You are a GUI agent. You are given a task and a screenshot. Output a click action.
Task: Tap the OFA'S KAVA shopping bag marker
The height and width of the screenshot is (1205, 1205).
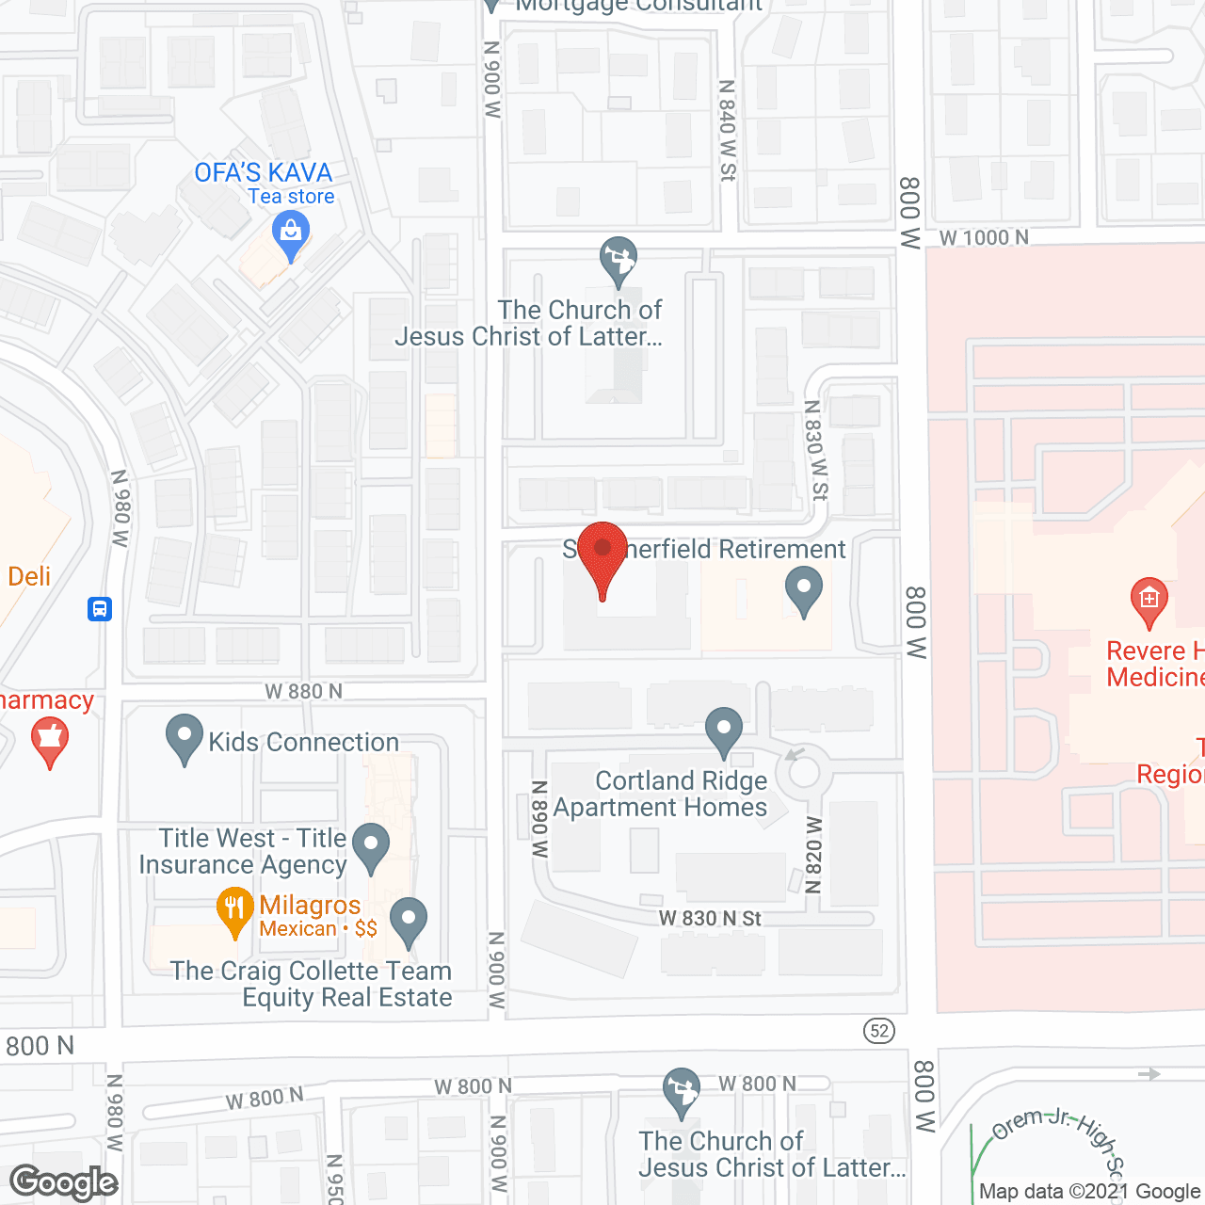291,235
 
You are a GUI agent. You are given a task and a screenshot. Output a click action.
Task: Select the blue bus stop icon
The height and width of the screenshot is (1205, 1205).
100,608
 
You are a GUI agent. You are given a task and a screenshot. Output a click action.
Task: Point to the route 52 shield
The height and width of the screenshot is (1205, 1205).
879,1030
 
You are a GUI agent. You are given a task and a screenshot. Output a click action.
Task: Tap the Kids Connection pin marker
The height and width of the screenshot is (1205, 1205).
185,737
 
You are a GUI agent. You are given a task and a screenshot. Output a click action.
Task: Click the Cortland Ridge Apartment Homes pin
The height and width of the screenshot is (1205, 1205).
724,731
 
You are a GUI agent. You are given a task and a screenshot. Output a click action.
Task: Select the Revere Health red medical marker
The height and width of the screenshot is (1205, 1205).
1149,601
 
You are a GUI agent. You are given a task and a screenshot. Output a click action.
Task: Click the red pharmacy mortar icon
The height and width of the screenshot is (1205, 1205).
50,741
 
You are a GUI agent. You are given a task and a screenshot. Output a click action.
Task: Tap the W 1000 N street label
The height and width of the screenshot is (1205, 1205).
984,237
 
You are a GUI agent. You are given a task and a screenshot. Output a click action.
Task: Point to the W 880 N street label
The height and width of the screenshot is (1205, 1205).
303,691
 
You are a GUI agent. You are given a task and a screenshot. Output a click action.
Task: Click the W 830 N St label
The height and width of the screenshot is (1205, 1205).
710,918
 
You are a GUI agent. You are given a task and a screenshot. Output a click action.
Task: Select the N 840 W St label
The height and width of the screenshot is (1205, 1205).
727,130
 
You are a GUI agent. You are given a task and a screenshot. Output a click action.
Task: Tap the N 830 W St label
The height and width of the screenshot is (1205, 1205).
815,450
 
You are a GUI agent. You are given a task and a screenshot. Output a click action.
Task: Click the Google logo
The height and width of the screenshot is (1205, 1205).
64,1182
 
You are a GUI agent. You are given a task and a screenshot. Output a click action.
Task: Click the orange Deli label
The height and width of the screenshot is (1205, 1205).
29,576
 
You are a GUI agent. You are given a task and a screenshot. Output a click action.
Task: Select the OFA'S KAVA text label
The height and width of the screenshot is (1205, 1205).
264,173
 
